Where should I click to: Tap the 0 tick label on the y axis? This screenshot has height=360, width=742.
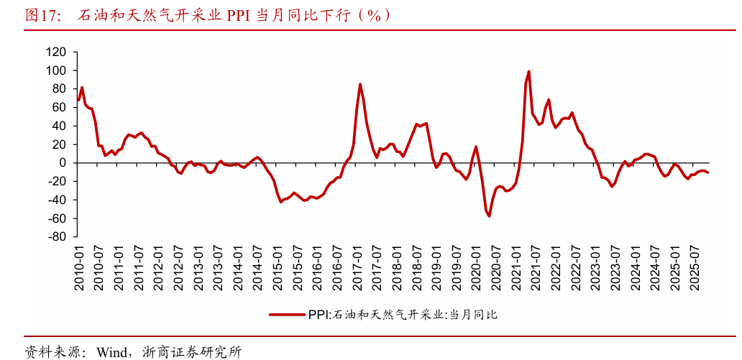(63, 163)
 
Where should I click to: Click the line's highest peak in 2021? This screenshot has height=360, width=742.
(529, 71)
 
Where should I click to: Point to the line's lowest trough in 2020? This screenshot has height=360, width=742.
(490, 216)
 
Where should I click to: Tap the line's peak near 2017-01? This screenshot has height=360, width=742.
(360, 84)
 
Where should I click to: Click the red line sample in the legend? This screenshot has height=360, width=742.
(287, 314)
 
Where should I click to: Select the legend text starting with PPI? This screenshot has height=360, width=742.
(403, 314)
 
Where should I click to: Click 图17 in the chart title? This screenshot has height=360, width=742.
(42, 15)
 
